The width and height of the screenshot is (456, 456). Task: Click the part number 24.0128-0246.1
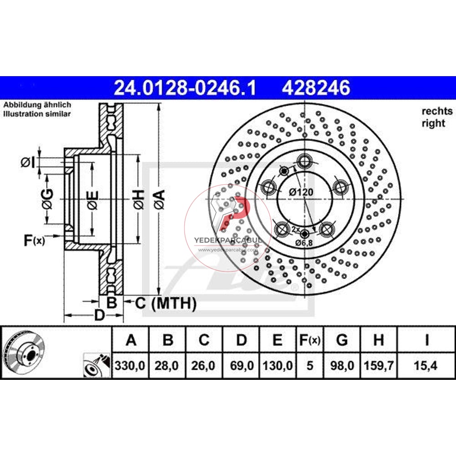point(185,87)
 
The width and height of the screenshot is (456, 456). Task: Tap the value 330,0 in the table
point(131,366)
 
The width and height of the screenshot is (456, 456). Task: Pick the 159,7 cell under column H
point(378,366)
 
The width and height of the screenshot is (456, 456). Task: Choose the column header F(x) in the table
point(310,340)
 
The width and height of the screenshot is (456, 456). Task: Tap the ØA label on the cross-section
point(159,200)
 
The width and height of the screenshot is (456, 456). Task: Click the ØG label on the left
point(48,199)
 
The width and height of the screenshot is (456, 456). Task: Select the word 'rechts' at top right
point(437,111)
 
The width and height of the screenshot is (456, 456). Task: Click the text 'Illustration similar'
point(37,114)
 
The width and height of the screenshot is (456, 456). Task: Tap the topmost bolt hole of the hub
point(304,161)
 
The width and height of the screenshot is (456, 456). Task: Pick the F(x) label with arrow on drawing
point(34,240)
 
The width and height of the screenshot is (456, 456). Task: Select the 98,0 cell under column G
point(342,366)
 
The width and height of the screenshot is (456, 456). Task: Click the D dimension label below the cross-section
point(99,315)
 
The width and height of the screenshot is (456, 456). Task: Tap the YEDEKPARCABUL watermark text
point(228,240)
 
